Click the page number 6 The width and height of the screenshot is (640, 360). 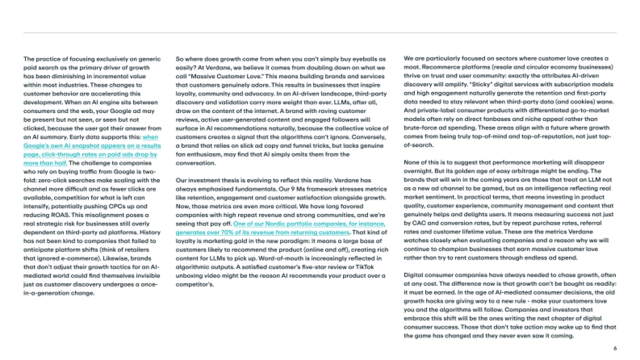click(x=615, y=348)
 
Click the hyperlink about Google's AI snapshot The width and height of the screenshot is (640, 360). click(x=91, y=146)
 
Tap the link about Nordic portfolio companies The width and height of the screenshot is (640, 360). click(x=280, y=224)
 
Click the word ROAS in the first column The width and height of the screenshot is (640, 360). click(x=48, y=214)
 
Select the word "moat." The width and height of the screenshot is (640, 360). click(x=411, y=68)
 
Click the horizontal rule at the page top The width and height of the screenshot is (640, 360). click(x=320, y=33)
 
